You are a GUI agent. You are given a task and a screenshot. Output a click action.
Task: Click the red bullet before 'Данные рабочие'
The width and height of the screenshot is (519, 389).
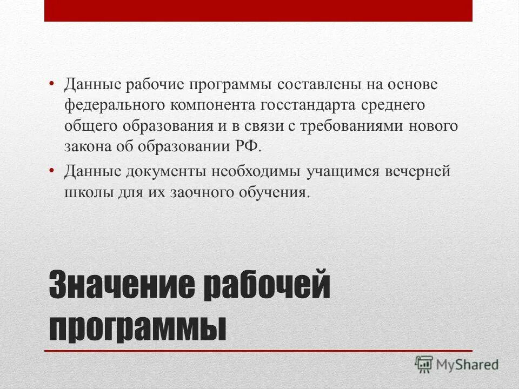coord(51,84)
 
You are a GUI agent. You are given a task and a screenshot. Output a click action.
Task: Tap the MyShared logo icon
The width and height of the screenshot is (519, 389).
coord(424,364)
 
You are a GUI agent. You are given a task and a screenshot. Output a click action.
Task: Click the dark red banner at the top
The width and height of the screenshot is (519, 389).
coord(258,10)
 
